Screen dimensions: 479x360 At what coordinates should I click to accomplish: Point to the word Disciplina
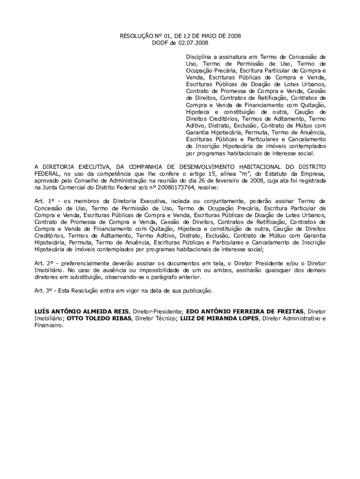pos(200,57)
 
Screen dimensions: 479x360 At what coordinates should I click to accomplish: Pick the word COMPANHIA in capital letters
pos(137,167)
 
